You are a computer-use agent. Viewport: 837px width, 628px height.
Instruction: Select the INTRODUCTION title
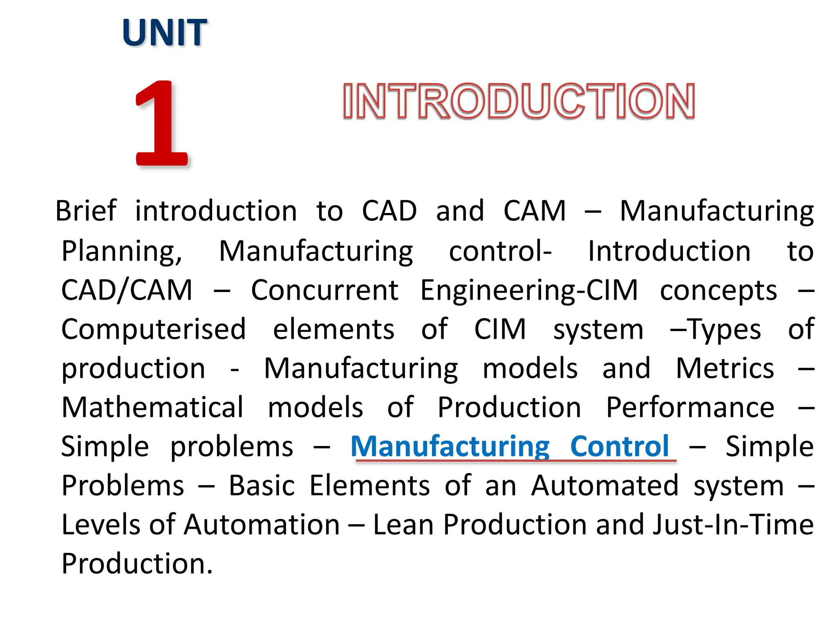(x=519, y=101)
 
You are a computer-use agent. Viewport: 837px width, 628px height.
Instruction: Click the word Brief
(x=86, y=211)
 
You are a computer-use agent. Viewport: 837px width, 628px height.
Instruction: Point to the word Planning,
(x=122, y=251)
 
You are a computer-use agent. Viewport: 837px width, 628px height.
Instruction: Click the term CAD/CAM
(x=127, y=290)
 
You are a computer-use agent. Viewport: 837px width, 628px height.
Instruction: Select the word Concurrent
(x=325, y=290)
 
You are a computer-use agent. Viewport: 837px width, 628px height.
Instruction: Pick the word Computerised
(x=154, y=330)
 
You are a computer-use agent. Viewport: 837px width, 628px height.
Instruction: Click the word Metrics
(x=725, y=368)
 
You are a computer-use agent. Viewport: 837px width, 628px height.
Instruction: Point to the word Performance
(x=690, y=407)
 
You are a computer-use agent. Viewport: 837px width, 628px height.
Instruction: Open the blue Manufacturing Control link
(x=510, y=446)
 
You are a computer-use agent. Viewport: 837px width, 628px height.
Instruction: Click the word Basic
(x=262, y=486)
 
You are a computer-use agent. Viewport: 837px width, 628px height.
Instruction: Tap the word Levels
(x=102, y=525)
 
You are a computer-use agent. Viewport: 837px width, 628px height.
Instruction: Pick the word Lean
(x=403, y=525)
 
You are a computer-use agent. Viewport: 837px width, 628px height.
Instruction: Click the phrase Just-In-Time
(x=733, y=525)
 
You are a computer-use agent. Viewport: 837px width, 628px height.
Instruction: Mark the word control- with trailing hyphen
(x=500, y=251)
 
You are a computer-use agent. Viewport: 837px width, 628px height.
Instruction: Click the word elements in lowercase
(x=333, y=330)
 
